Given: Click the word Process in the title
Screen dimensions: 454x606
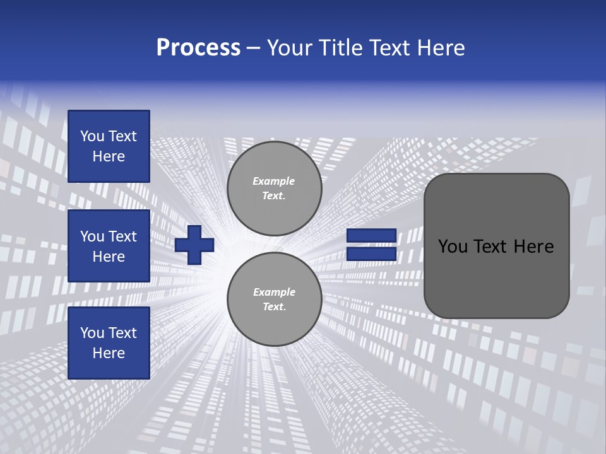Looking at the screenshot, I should point(198,48).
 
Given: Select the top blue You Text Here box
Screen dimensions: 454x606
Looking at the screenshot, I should point(109,146).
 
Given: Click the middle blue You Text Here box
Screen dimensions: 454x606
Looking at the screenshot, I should point(109,246).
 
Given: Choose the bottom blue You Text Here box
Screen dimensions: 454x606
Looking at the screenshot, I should point(109,343).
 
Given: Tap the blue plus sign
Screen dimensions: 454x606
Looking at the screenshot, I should point(194,245).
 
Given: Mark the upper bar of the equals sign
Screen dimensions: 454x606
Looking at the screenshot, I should point(371,236).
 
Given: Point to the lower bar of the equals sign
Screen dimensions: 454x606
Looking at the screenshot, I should point(371,254).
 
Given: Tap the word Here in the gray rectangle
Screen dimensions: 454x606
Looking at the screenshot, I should point(533,247).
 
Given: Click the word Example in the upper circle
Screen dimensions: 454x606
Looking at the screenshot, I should point(274,181).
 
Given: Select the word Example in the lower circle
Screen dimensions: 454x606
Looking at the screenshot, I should point(274,292).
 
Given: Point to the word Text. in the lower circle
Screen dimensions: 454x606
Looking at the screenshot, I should point(274,307).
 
